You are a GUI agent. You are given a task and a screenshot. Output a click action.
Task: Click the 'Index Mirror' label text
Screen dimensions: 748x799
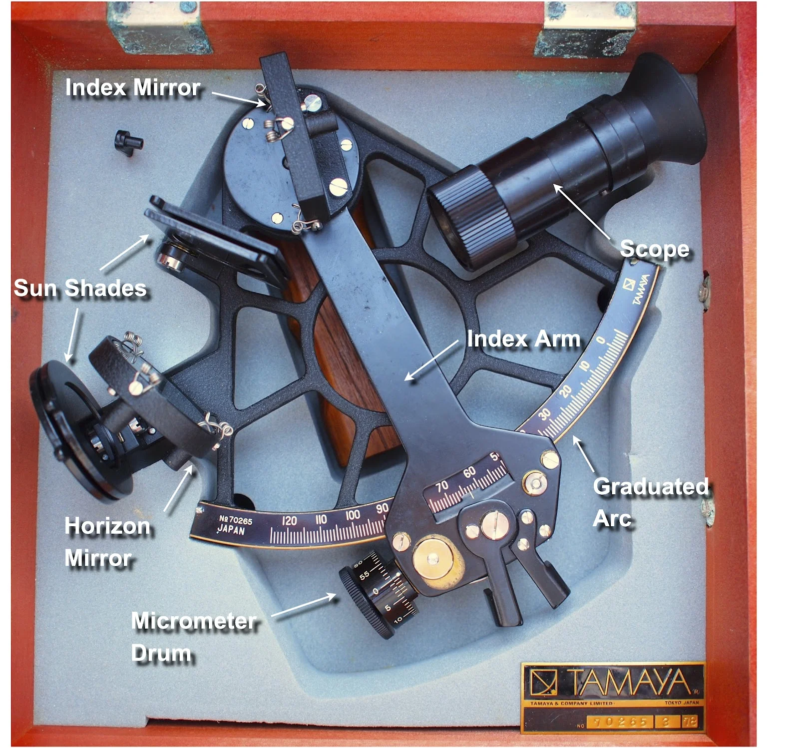133,88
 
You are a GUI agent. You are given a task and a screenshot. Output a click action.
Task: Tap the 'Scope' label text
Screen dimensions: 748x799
654,249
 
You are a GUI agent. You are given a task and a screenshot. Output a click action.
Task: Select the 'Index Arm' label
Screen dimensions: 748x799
523,339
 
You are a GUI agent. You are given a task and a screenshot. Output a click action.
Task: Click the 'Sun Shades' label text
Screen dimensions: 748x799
80,288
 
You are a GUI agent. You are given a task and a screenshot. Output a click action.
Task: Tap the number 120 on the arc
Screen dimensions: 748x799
289,521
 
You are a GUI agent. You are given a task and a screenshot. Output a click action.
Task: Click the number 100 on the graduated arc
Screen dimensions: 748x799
353,514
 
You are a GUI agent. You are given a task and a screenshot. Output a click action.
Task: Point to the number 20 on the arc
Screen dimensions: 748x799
565,391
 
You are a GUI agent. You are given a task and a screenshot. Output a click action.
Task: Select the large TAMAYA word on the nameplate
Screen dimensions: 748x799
630,682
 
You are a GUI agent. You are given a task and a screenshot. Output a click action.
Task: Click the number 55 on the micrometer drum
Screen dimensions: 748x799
365,575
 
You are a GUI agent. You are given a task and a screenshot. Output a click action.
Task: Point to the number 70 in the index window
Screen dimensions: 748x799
442,486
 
